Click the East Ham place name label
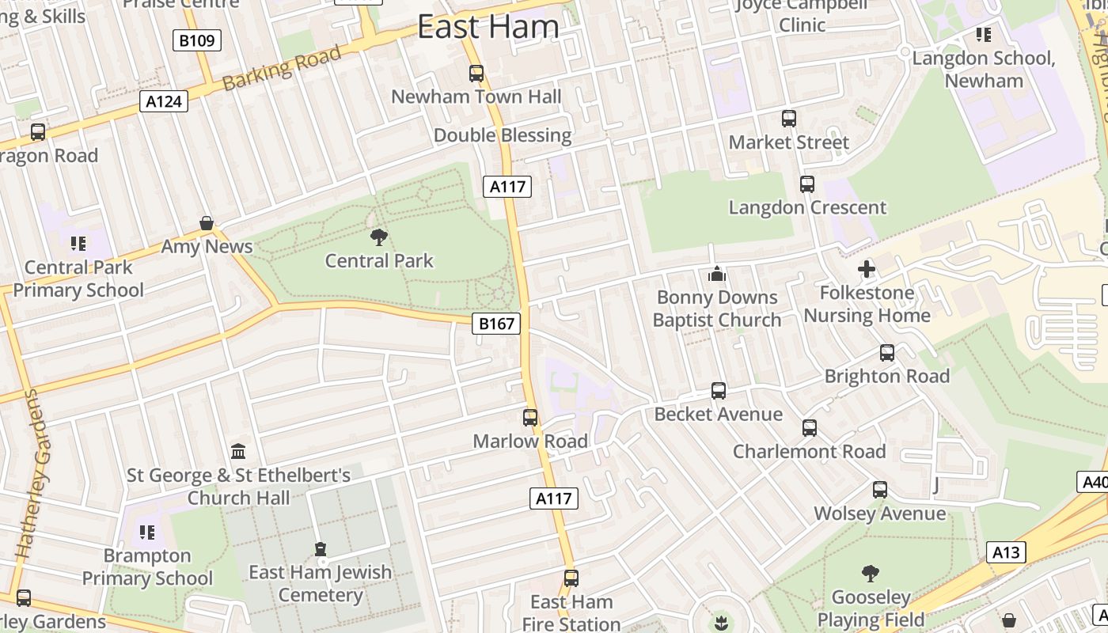pos(488,27)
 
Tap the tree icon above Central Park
pos(379,236)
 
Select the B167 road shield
pos(497,323)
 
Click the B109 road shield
pos(196,40)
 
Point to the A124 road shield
pos(164,100)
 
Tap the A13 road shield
pos(1007,552)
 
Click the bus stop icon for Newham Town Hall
pos(476,74)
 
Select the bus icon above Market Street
pos(789,119)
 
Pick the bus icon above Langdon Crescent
pos(807,184)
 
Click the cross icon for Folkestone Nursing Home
pos(867,269)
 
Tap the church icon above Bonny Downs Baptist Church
pos(717,274)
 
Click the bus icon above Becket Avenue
pos(719,391)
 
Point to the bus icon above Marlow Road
pos(530,418)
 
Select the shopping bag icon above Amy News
pos(207,223)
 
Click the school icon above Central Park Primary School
pos(78,243)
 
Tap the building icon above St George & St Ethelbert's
pos(238,451)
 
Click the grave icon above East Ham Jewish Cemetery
pos(321,548)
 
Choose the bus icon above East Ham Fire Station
pos(571,578)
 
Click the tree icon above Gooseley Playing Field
pos(871,573)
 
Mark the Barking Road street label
pos(282,68)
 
